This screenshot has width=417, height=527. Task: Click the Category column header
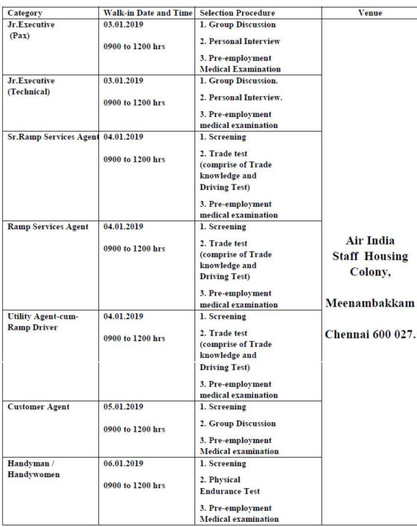[25, 13]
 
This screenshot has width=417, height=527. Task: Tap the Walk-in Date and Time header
[148, 13]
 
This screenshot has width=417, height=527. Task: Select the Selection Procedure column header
[238, 13]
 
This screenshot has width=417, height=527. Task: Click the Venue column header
[369, 13]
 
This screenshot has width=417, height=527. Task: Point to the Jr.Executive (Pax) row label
[31, 30]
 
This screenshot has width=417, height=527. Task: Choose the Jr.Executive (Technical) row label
[31, 86]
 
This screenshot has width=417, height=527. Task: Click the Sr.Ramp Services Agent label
[52, 137]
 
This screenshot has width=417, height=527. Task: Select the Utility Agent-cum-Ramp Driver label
[42, 322]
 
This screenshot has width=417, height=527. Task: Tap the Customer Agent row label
[39, 406]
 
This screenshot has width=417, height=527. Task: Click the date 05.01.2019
[124, 406]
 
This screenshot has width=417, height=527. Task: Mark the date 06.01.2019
[124, 463]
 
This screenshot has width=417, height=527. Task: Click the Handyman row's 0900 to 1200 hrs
[134, 485]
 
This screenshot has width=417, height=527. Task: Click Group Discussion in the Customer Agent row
[238, 424]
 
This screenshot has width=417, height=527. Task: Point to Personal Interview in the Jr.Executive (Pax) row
[241, 41]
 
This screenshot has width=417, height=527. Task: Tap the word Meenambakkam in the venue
[369, 304]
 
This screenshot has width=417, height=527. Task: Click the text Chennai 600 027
[369, 334]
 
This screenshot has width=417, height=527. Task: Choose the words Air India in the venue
[370, 240]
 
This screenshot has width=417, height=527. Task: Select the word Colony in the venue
[370, 272]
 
